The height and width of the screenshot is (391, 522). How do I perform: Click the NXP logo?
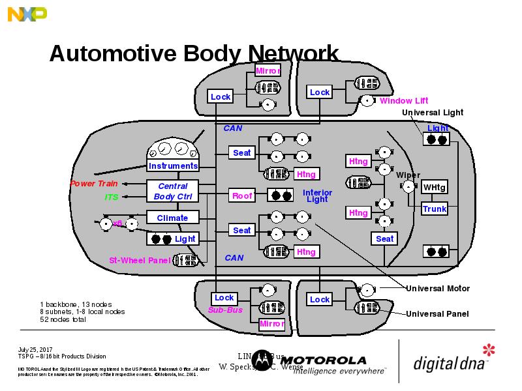pyautogui.click(x=27, y=14)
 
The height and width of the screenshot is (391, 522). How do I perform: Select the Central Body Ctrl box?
pyautogui.click(x=173, y=192)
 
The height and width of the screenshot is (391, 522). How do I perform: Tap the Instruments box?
pyautogui.click(x=173, y=166)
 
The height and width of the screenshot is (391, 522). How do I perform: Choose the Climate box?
pyautogui.click(x=172, y=218)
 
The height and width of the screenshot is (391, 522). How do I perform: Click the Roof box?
pyautogui.click(x=242, y=195)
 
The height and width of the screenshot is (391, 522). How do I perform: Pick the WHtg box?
pyautogui.click(x=434, y=188)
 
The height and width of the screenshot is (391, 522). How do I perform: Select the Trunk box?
pyautogui.click(x=434, y=209)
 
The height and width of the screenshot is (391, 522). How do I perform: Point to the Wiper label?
pyautogui.click(x=408, y=175)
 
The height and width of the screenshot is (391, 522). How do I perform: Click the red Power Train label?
pyautogui.click(x=94, y=184)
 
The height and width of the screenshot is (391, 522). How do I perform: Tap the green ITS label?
pyautogui.click(x=112, y=197)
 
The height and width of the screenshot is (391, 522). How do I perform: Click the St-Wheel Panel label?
pyautogui.click(x=139, y=261)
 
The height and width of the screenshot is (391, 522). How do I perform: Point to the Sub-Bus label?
pyautogui.click(x=225, y=310)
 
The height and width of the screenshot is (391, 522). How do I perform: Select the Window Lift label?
pyautogui.click(x=404, y=101)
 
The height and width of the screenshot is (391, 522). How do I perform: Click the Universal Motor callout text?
pyautogui.click(x=437, y=288)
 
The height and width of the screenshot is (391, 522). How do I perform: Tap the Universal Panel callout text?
pyautogui.click(x=437, y=314)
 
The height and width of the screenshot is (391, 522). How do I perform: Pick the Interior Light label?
pyautogui.click(x=317, y=195)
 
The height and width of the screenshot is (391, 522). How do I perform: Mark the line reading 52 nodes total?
pyautogui.click(x=63, y=319)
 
